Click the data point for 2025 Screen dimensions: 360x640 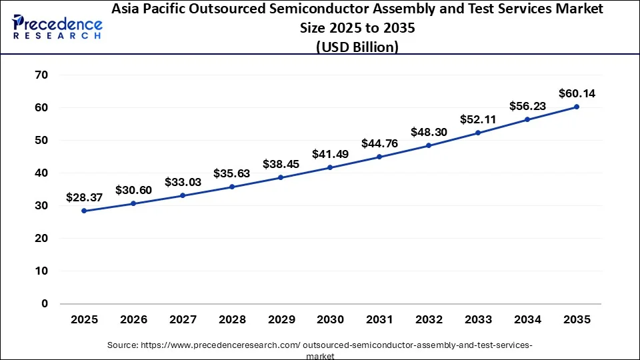(x=84, y=211)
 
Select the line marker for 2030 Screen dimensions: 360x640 (x=330, y=167)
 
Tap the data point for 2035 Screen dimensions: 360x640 (x=577, y=107)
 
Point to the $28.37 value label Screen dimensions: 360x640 (x=84, y=197)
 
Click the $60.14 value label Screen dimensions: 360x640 (x=577, y=93)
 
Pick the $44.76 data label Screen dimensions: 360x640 (x=379, y=143)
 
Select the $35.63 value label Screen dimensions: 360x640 (x=232, y=173)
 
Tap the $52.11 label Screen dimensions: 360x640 (x=478, y=119)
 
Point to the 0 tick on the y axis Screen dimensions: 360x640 (x=45, y=303)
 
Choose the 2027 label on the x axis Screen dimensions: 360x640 (x=183, y=320)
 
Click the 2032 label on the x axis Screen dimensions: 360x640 (x=429, y=320)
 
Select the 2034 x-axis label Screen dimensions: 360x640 (x=527, y=320)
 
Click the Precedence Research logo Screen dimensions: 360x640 (x=57, y=27)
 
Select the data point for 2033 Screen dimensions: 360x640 (x=478, y=133)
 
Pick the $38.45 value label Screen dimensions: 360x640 (x=281, y=164)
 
